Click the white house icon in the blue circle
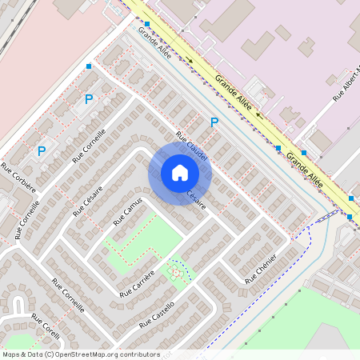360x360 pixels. (x=180, y=173)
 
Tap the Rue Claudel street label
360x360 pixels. (x=192, y=146)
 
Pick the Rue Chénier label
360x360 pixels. (x=261, y=268)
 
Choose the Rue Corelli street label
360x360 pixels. (x=46, y=328)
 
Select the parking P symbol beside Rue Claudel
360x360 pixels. (x=214, y=122)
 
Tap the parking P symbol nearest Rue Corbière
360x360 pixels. (x=42, y=150)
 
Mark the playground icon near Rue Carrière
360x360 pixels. (x=175, y=271)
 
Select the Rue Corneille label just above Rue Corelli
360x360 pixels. (x=68, y=295)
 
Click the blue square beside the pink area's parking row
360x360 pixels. (x=89, y=66)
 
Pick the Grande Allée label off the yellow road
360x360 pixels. (x=154, y=42)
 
